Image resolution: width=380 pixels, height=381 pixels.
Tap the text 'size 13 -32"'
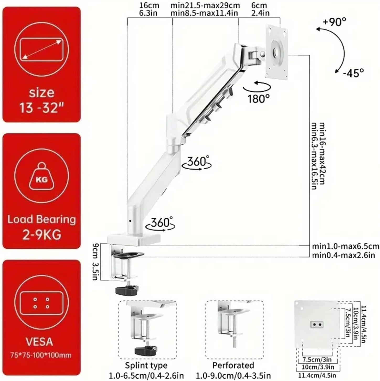pyautogui.click(x=41, y=100)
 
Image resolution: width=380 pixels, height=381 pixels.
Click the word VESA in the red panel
pyautogui.click(x=39, y=342)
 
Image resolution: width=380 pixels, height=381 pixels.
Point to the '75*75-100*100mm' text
pyautogui.click(x=41, y=355)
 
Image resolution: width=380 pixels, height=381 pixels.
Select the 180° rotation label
pyautogui.click(x=259, y=99)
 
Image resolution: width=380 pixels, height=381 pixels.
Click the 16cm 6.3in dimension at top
pyautogui.click(x=149, y=9)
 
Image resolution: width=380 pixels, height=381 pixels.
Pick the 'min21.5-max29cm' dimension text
pyautogui.click(x=205, y=6)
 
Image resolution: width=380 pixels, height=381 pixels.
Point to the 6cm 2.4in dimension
pyautogui.click(x=260, y=9)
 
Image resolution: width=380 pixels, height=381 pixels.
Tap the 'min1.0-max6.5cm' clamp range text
pyautogui.click(x=345, y=246)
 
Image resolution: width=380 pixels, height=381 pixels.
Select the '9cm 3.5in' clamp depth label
pyautogui.click(x=96, y=262)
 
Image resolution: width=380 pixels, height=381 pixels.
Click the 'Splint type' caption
pyautogui.click(x=146, y=365)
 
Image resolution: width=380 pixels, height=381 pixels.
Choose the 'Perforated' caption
pyautogui.click(x=233, y=365)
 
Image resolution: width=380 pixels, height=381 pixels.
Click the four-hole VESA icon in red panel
pyautogui.click(x=41, y=302)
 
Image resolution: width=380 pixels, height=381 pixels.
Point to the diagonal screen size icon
pyautogui.click(x=41, y=49)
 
